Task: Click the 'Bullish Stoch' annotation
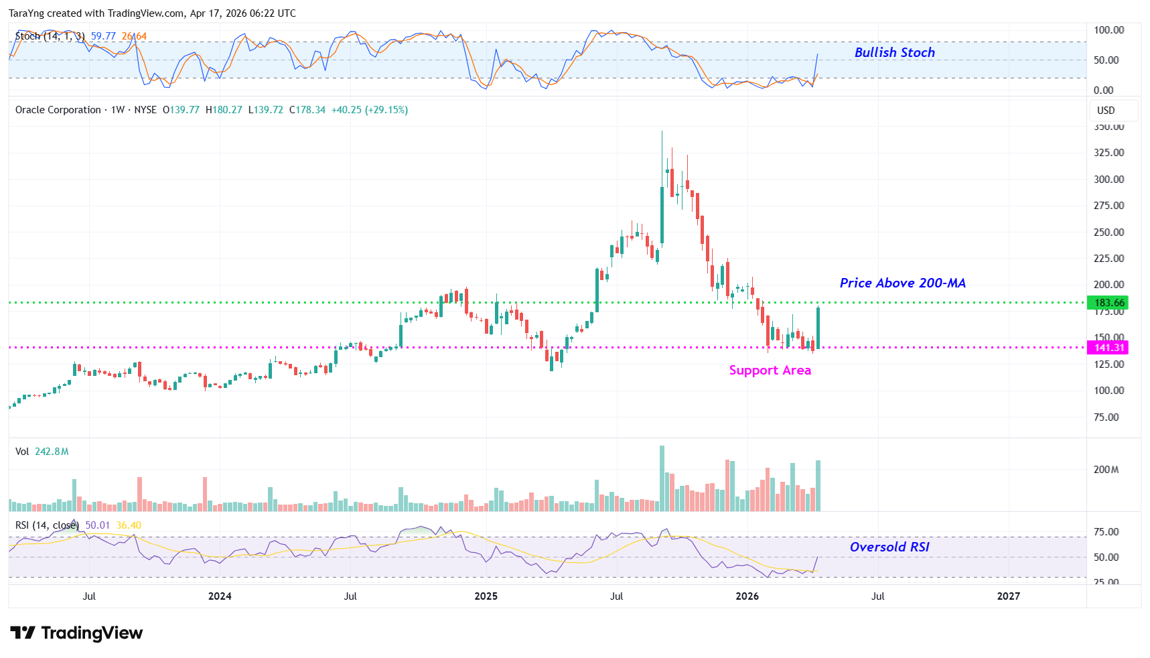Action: coord(894,52)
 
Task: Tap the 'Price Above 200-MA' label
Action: coord(902,283)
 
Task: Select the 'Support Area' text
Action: coord(770,370)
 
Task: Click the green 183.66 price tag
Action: coord(1108,303)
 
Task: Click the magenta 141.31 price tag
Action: coord(1108,347)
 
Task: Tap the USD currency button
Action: coord(1106,111)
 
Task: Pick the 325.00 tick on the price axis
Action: coord(1108,153)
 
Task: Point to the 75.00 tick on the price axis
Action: coord(1106,417)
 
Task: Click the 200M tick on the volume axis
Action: coord(1106,470)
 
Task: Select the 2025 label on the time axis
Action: coord(486,596)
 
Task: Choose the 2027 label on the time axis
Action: coord(1008,596)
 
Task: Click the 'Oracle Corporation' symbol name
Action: coord(58,110)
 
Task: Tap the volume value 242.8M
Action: coord(52,452)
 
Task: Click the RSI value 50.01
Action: coord(97,525)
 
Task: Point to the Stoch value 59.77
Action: coord(103,36)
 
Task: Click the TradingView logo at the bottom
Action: coord(76,633)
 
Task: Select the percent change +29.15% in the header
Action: coord(386,110)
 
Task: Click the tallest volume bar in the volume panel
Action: coord(662,478)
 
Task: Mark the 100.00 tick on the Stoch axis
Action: coord(1108,30)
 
